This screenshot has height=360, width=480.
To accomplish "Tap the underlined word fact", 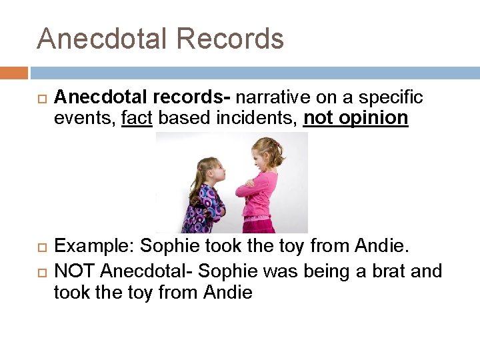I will click(137, 118).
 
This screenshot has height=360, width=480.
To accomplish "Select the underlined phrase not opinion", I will click(355, 118).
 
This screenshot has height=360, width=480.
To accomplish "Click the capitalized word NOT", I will click(75, 271).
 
